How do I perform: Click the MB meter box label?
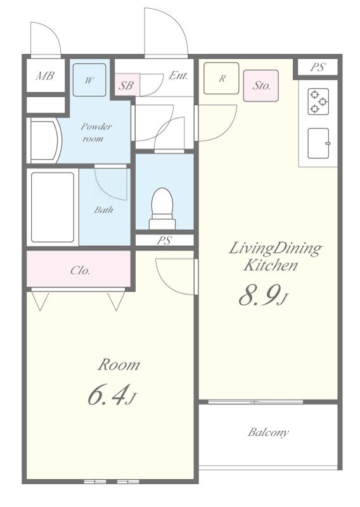click(45, 76)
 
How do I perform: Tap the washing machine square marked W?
click(89, 80)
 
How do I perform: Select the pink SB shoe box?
click(127, 85)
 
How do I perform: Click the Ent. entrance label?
click(178, 75)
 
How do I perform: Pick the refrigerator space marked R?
click(221, 78)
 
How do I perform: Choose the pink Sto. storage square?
click(260, 86)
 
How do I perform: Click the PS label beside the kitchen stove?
click(318, 67)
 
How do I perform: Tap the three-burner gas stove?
click(319, 101)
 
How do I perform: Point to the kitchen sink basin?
click(319, 143)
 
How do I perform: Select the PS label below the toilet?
click(164, 240)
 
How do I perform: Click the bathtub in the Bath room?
click(53, 207)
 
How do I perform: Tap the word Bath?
click(103, 210)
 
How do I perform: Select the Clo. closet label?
click(80, 271)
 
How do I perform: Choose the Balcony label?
click(268, 432)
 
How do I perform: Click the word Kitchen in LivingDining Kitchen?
click(271, 265)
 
